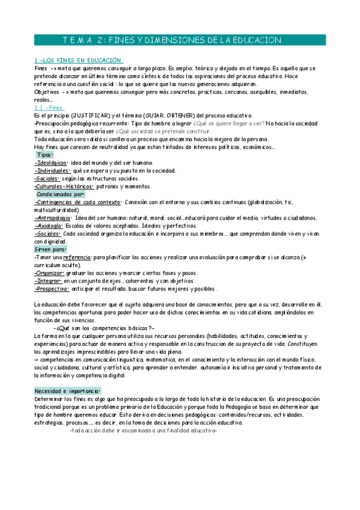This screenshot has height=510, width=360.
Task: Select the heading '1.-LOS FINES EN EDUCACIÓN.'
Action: click(78, 61)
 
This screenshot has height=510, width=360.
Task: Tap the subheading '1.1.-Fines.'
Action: click(49, 107)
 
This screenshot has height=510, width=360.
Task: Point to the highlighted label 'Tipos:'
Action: click(46, 155)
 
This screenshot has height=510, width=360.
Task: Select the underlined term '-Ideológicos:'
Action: click(51, 162)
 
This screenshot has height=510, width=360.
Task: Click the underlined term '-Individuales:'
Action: click(52, 170)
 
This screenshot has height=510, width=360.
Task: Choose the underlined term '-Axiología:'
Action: click(49, 226)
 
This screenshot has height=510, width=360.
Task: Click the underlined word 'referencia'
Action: click(75, 257)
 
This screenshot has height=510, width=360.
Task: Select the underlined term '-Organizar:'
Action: click(48, 272)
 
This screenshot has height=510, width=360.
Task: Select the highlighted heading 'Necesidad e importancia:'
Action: click(68, 390)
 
